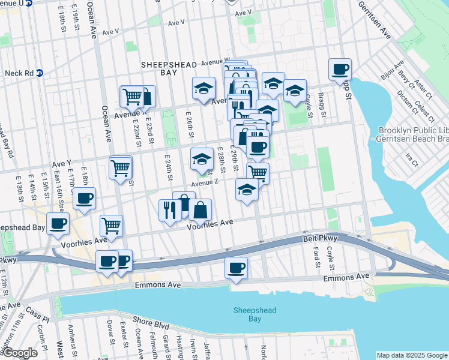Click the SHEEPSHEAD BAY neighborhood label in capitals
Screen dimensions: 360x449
click(159, 67)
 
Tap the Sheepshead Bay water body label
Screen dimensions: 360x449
click(247, 314)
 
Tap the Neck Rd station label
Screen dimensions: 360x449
click(17, 73)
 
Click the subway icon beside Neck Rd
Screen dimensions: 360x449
click(40, 73)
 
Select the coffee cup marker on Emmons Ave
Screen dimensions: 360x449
click(236, 267)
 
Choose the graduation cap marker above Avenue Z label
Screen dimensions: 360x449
click(202, 159)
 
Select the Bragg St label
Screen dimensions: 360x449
click(322, 105)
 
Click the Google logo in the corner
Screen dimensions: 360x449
click(19, 353)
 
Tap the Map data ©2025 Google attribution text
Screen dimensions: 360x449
click(411, 355)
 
